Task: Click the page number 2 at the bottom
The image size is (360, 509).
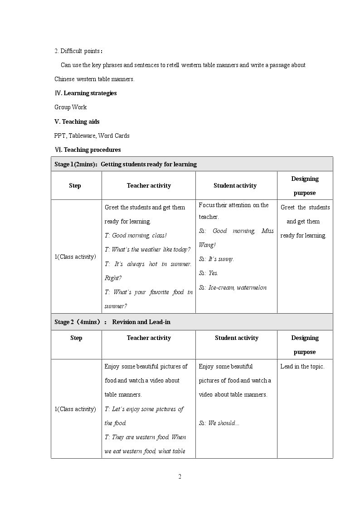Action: pos(180,476)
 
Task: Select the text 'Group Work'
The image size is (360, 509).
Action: pos(70,107)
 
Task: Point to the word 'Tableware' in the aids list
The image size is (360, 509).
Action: pos(82,136)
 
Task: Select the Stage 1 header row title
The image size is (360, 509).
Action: pos(126,164)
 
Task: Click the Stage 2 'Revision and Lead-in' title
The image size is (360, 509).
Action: pos(141,322)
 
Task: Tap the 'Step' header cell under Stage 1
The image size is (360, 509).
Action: pos(75,185)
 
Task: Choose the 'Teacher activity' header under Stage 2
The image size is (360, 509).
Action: pos(149,338)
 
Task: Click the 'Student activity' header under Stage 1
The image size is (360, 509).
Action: pos(235,185)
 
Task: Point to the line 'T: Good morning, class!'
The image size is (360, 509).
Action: pos(136,236)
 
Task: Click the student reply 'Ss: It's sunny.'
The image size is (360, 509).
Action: pos(216,259)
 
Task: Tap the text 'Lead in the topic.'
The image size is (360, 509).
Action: pos(302,366)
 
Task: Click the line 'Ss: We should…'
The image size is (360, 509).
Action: pos(219,423)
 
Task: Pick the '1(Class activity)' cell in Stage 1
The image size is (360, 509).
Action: pos(75,257)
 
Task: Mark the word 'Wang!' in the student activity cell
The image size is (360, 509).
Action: pos(207,245)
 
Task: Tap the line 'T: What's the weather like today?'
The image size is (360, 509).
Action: pos(147,250)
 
